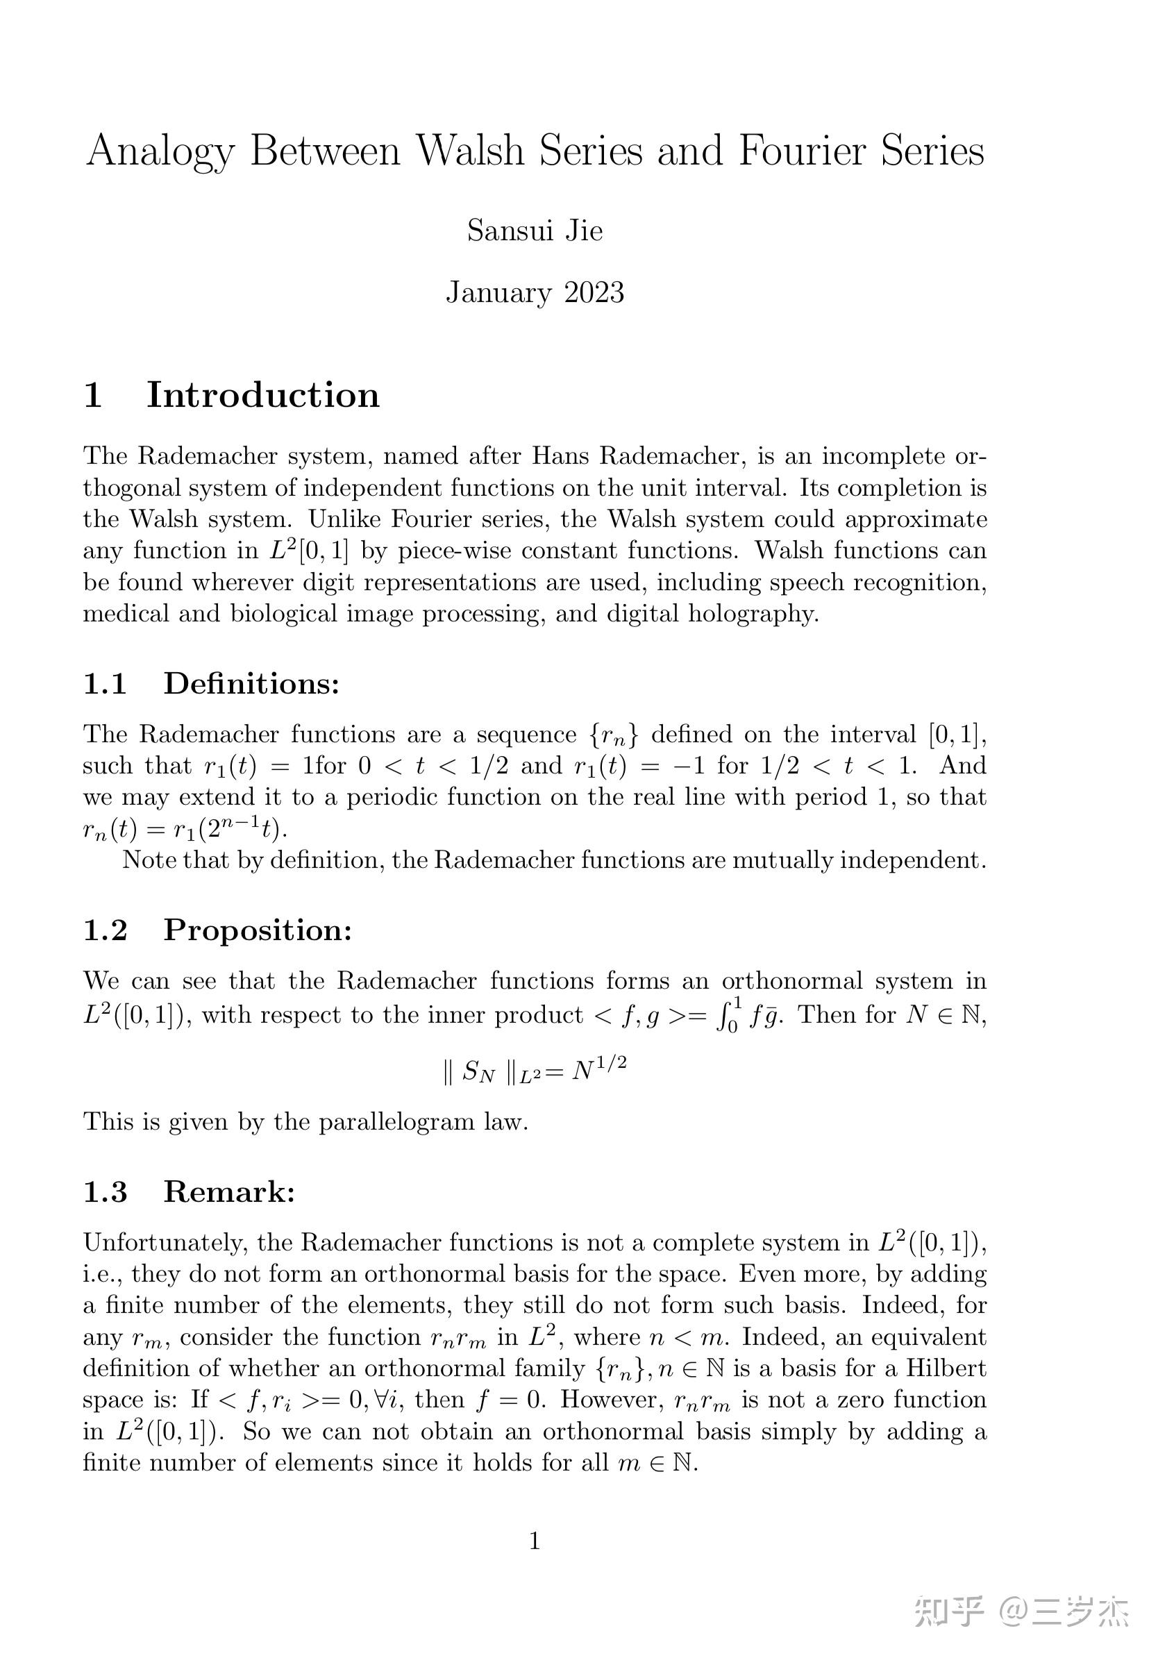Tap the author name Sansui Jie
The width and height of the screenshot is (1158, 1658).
point(535,231)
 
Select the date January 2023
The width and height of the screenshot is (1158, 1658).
point(535,292)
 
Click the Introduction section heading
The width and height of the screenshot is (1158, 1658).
point(263,395)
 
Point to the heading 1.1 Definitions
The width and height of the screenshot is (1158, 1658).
point(211,683)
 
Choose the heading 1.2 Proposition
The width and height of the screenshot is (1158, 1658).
point(217,930)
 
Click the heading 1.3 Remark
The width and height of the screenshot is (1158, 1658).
point(189,1191)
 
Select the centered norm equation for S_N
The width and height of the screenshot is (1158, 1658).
point(535,1069)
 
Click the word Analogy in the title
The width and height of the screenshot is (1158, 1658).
point(160,152)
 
